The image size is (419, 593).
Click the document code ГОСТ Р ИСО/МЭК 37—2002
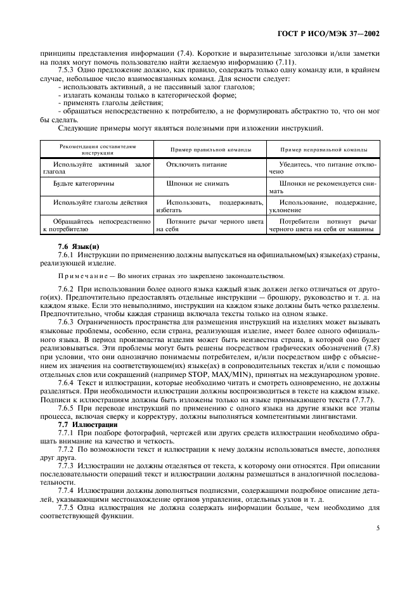point(337,34)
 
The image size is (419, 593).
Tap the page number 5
point(377,526)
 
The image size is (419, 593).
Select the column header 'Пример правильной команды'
point(210,150)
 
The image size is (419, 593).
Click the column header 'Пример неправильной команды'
point(323,150)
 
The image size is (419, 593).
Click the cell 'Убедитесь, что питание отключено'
point(323,168)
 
